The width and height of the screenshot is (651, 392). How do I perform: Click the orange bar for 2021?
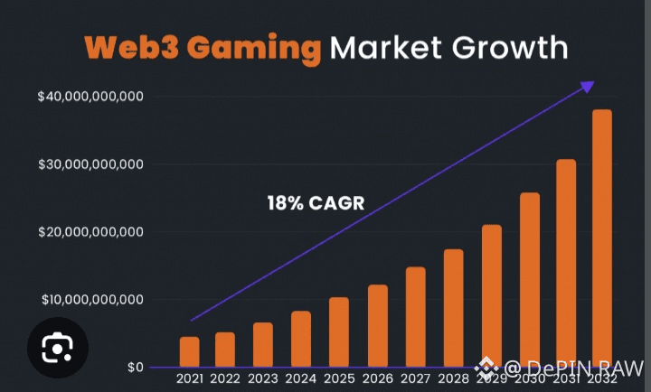pos(189,352)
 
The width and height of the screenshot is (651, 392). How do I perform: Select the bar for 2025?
pos(339,332)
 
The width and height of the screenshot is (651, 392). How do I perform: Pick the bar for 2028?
pos(453,308)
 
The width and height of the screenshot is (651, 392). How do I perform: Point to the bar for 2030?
pos(529,280)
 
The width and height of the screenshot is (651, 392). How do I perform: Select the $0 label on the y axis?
pos(135,368)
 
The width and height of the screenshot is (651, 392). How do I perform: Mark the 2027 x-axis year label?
pos(415,378)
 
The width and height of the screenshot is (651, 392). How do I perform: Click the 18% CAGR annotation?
pos(316,203)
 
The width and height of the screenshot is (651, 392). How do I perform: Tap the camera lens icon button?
pos(59,347)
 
